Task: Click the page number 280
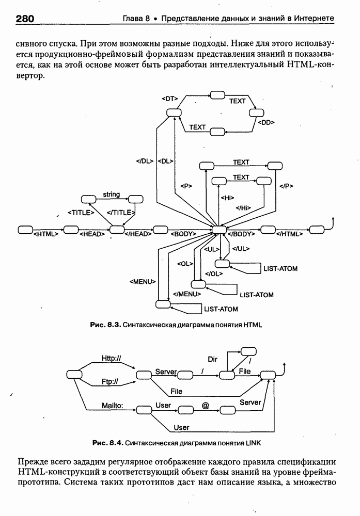coord(25,19)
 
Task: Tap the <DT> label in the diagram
coord(169,98)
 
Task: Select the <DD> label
coord(265,122)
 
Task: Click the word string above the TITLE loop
coord(111,195)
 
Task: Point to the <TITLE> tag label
coord(81,212)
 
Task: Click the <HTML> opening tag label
coord(45,234)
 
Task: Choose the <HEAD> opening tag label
coord(92,234)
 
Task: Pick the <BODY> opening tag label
coord(183,234)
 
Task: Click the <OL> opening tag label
coord(185,264)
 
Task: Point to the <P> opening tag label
coord(186,186)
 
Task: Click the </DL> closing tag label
coord(145,161)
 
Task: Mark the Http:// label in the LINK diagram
coord(111,358)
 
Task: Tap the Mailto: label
coord(112,406)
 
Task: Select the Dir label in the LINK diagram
coord(212,359)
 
